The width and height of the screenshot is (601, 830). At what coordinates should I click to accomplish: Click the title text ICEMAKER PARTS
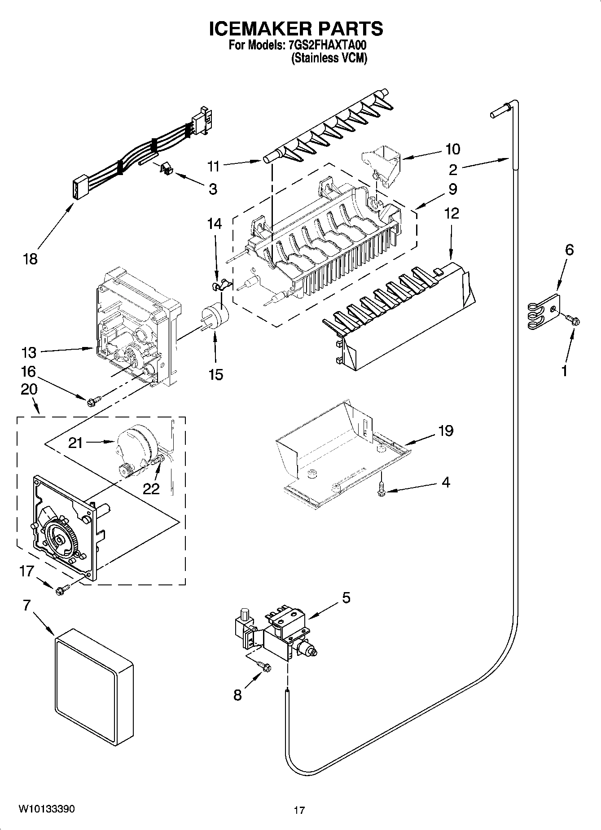coord(296,28)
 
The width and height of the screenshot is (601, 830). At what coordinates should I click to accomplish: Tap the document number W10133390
coord(47,808)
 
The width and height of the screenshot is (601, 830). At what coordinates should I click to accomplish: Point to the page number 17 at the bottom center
coord(299,810)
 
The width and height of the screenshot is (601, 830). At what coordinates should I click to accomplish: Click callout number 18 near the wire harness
coord(31,259)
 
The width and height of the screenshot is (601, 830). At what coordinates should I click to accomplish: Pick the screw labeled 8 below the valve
coord(264,668)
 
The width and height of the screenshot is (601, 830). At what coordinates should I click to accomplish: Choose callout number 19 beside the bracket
coord(445,431)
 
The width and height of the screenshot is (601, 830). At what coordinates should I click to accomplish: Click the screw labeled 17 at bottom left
coord(61,591)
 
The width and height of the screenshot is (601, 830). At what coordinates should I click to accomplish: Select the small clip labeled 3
coord(167,168)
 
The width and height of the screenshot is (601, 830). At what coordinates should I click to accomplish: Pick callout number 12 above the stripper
coord(452,213)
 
